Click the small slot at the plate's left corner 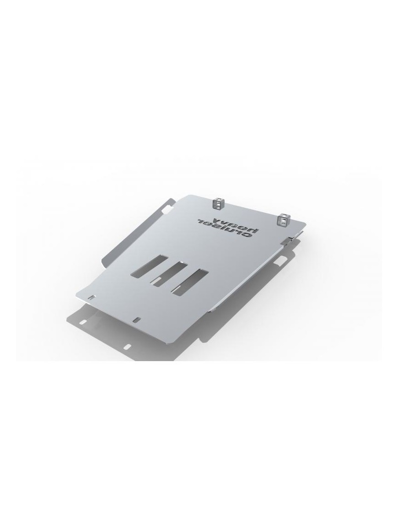tap(91, 298)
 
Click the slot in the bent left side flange tap(167, 208)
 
